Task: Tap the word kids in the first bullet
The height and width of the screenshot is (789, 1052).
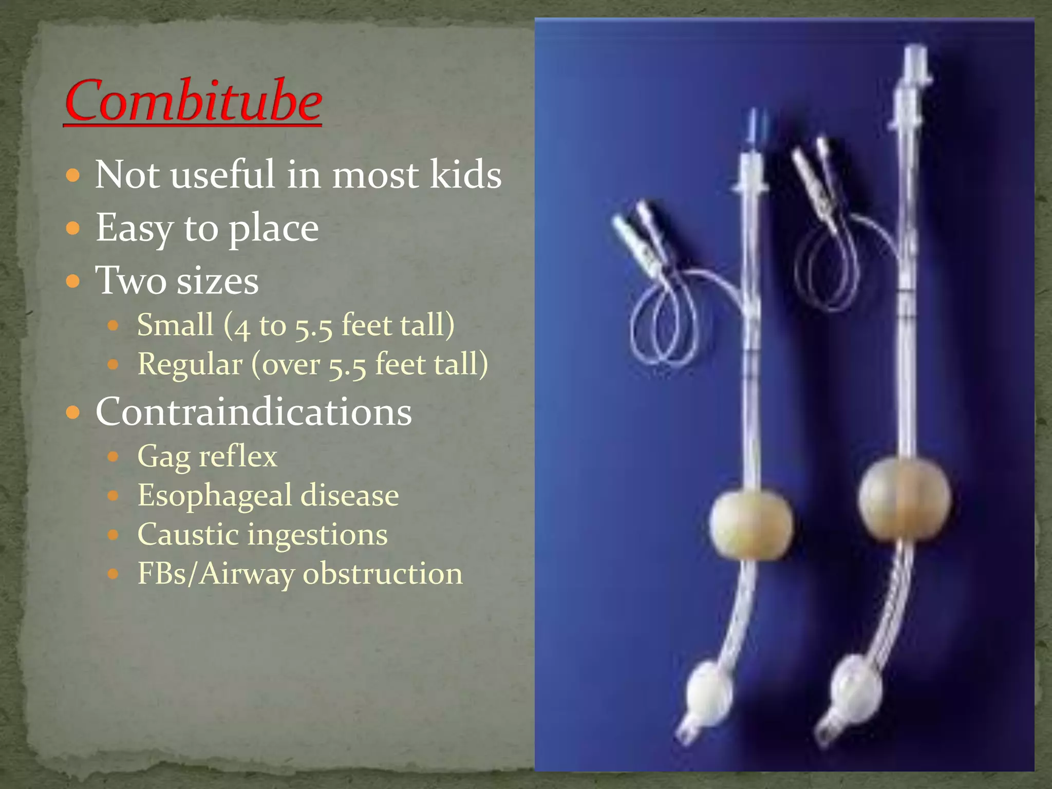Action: [465, 175]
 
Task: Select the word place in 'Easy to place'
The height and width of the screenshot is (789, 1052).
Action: [273, 229]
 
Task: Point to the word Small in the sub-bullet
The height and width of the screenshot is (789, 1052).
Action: [175, 325]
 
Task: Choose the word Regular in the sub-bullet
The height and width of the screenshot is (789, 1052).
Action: [190, 365]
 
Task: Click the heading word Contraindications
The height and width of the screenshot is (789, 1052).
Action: [254, 412]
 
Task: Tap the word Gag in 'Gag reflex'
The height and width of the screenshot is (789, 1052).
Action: [163, 457]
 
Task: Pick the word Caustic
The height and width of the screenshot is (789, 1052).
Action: [188, 535]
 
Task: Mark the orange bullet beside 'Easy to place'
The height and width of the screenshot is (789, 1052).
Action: [73, 228]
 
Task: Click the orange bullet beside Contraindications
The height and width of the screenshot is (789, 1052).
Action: [73, 412]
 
